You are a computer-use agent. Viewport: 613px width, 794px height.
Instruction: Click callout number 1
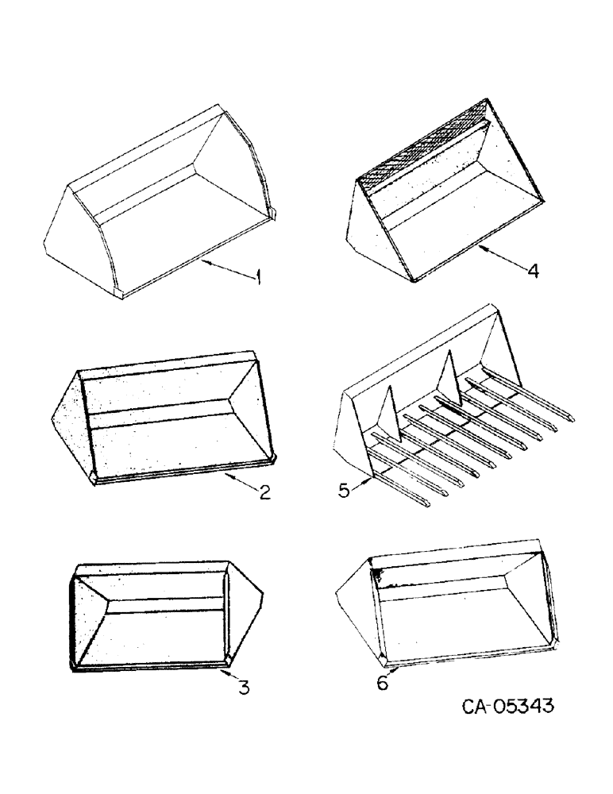click(x=258, y=277)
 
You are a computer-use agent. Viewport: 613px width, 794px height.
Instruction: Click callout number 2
click(x=264, y=492)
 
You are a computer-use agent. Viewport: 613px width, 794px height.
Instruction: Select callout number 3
click(x=244, y=688)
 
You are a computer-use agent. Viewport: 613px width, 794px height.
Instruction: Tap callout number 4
click(x=533, y=271)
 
